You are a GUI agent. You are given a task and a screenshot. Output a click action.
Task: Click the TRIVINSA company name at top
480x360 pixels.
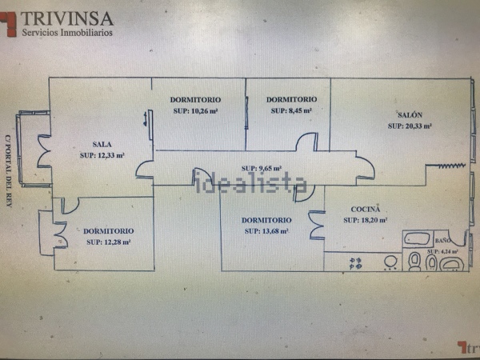(67, 18)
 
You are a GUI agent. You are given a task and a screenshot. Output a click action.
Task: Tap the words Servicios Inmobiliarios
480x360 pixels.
(67, 33)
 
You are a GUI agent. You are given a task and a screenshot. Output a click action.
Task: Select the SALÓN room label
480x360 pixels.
(409, 114)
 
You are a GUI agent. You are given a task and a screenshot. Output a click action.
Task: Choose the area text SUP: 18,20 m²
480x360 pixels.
(366, 220)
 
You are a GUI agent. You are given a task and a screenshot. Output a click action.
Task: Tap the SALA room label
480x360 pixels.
(102, 144)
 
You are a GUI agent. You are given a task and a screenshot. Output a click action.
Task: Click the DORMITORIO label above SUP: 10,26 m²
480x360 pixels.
(196, 99)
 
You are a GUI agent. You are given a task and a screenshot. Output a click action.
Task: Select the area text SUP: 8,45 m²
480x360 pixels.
(290, 110)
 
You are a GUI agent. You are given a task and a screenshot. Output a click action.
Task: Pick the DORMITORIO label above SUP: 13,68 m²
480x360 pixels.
(266, 220)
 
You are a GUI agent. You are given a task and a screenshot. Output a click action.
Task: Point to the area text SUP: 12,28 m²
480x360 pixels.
(108, 242)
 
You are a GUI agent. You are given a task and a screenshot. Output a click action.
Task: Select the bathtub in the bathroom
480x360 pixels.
(418, 238)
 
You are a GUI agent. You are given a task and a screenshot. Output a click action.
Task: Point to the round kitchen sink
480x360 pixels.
(391, 262)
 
